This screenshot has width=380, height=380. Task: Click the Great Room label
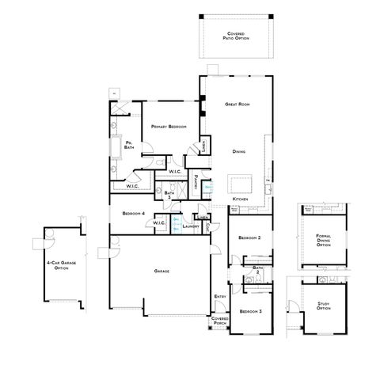click(x=238, y=104)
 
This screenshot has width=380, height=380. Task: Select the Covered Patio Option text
click(x=235, y=35)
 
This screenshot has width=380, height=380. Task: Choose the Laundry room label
click(x=189, y=226)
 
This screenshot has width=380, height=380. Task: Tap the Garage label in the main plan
click(x=161, y=272)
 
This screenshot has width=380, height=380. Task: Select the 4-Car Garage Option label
click(x=57, y=266)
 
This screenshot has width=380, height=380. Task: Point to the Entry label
click(x=220, y=297)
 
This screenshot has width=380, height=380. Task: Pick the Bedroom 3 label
click(x=250, y=311)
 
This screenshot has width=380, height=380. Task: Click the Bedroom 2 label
click(x=250, y=237)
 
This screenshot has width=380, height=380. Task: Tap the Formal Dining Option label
click(x=323, y=240)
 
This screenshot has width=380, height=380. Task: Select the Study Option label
click(x=323, y=306)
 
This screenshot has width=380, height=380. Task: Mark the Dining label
click(x=238, y=150)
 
